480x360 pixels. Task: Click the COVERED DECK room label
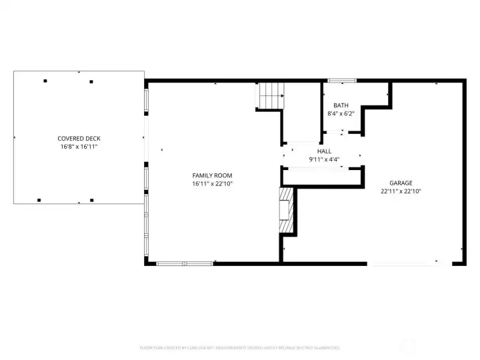coord(79,139)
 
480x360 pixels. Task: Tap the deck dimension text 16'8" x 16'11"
coord(79,147)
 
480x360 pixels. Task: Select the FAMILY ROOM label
coord(212,175)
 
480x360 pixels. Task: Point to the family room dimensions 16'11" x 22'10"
coord(212,183)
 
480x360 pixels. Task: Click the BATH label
coord(341,105)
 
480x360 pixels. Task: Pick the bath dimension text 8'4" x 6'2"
coord(341,113)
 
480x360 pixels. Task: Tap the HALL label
coord(324,151)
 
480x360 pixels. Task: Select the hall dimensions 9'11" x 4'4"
coord(324,159)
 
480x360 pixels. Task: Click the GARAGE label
coord(401,183)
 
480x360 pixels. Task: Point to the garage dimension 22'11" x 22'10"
coord(401,191)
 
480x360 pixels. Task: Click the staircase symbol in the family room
coord(271,95)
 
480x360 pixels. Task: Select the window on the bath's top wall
coord(342,81)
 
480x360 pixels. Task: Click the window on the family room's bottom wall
coord(185,263)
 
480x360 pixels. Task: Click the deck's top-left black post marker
coord(45,81)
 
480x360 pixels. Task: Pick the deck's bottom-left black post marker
coord(39,199)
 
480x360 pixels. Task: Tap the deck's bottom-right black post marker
coord(92,199)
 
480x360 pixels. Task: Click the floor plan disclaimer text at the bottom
coord(240,347)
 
